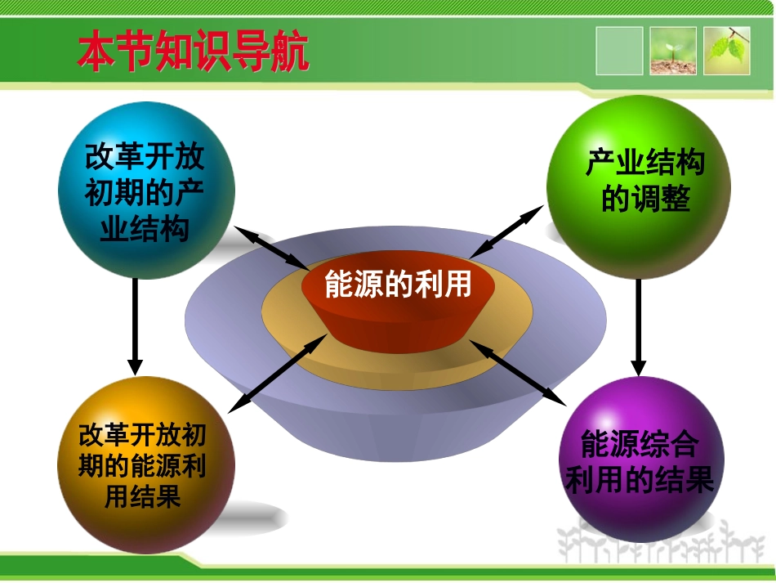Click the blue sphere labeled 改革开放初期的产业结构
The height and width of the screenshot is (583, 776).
pyautogui.click(x=146, y=191)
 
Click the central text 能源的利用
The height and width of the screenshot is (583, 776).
pyautogui.click(x=398, y=285)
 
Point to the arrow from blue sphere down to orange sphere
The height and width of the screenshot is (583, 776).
pyautogui.click(x=136, y=327)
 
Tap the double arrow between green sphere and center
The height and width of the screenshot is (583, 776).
pyautogui.click(x=506, y=232)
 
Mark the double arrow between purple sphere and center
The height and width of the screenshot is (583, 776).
pyautogui.click(x=517, y=373)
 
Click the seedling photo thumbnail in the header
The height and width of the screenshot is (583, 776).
pyautogui.click(x=673, y=51)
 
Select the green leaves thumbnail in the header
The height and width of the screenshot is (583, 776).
pyautogui.click(x=727, y=51)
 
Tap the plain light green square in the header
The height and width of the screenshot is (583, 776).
pyautogui.click(x=619, y=51)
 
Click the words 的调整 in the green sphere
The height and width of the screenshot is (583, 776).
pyautogui.click(x=645, y=199)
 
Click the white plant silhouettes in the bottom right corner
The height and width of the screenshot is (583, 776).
pyautogui.click(x=662, y=544)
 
